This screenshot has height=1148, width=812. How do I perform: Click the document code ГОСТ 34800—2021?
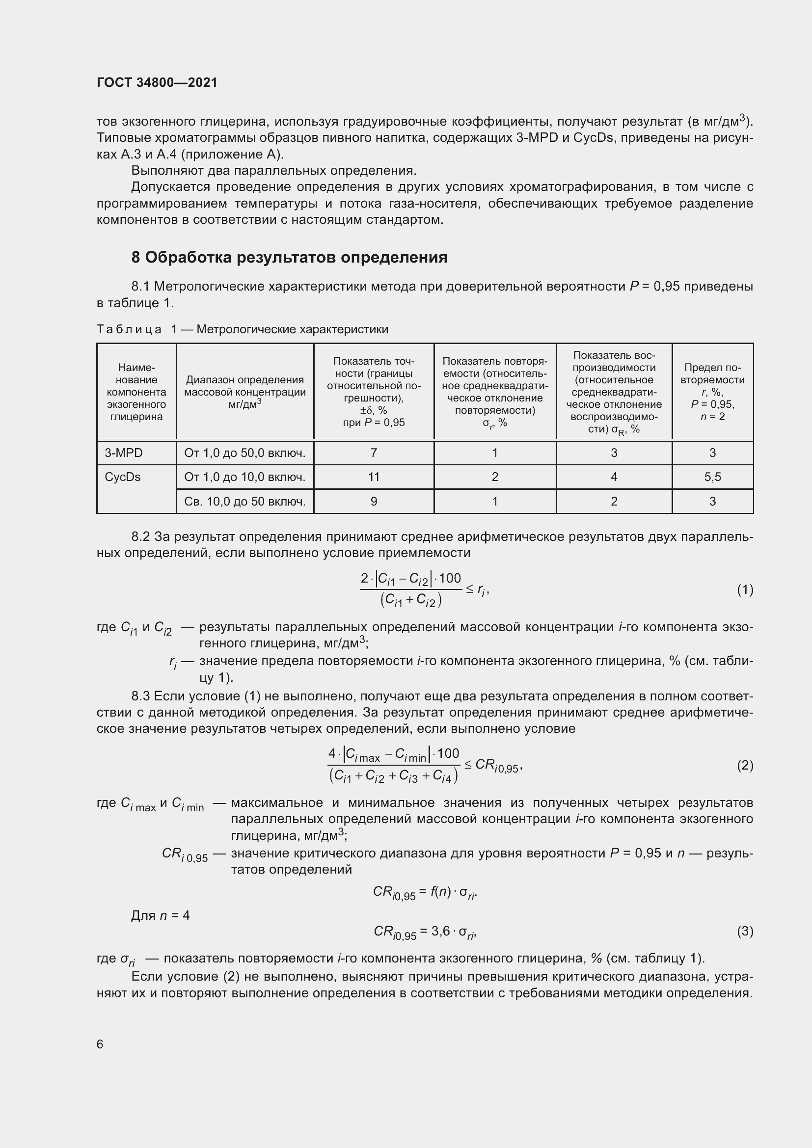pos(157,82)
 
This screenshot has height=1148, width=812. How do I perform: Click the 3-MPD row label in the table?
pos(124,453)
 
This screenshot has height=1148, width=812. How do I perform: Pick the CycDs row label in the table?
pos(123,477)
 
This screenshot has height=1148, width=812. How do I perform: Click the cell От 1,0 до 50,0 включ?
pos(244,453)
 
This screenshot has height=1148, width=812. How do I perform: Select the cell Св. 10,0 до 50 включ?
pos(244,501)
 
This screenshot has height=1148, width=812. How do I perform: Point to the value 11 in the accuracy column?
pos(374,477)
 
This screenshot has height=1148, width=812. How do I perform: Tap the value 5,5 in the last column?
pos(712,477)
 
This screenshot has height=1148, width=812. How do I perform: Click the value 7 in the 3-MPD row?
pos(374,453)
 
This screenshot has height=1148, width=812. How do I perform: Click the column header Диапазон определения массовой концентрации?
pos(244,392)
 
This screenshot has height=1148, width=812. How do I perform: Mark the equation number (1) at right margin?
pos(745,590)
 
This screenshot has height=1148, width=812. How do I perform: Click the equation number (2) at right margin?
pos(745,766)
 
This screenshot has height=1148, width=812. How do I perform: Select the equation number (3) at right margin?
pos(745,931)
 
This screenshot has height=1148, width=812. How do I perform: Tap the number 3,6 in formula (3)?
pos(440,931)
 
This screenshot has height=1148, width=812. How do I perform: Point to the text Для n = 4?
pos(160,915)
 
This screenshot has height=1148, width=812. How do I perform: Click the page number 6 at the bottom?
pos(100,1044)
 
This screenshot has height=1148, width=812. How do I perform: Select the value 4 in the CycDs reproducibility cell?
pos(614,477)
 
